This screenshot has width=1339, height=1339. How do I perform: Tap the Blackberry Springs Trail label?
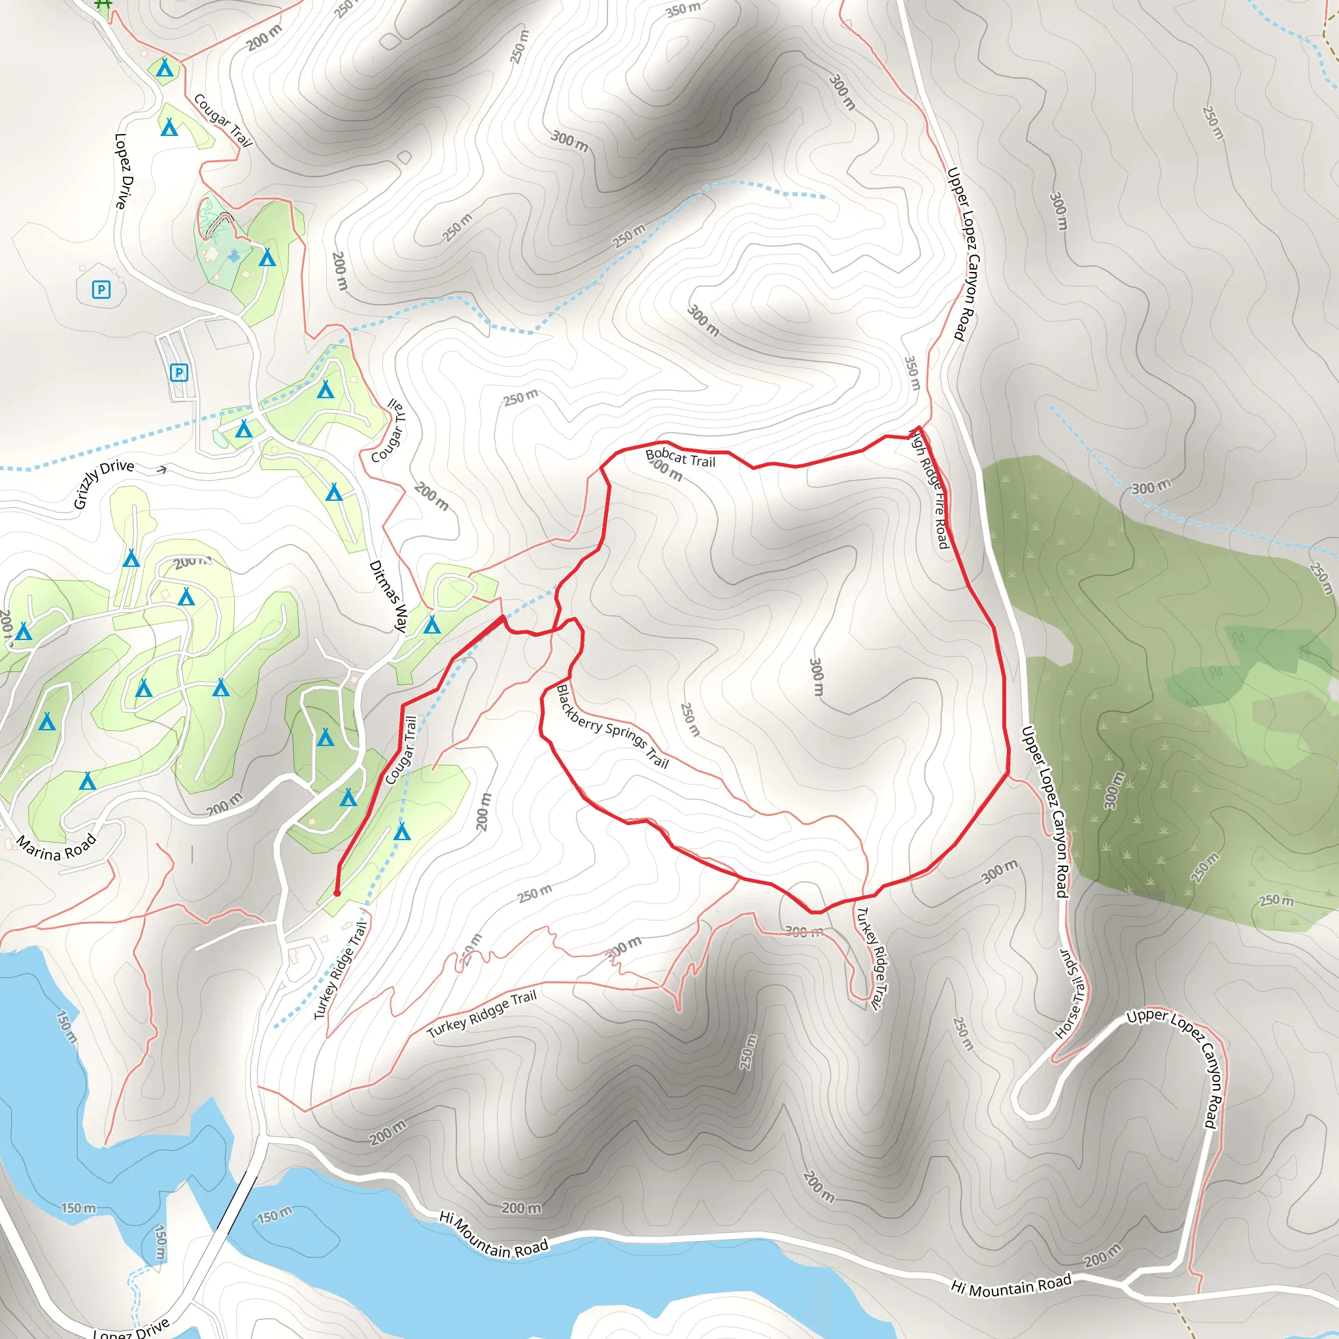pyautogui.click(x=613, y=727)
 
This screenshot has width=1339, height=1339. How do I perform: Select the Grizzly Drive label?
pyautogui.click(x=104, y=483)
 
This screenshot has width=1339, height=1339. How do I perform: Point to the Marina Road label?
pyautogui.click(x=56, y=847)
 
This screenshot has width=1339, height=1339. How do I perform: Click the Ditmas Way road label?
pyautogui.click(x=388, y=596)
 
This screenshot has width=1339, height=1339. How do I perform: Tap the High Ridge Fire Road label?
pyautogui.click(x=930, y=489)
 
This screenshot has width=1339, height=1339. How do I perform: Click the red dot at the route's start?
pyautogui.click(x=337, y=893)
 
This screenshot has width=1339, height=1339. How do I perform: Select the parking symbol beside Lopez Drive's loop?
pyautogui.click(x=101, y=290)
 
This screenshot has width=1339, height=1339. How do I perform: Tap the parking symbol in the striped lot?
pyautogui.click(x=178, y=373)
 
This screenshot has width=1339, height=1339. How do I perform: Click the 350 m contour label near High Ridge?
pyautogui.click(x=912, y=373)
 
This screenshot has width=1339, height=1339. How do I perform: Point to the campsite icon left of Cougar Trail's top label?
pyautogui.click(x=169, y=127)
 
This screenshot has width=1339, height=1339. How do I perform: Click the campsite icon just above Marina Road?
pyautogui.click(x=88, y=781)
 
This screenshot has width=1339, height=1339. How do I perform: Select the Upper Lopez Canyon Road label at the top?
pyautogui.click(x=961, y=254)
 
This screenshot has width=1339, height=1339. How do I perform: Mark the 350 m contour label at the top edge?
pyautogui.click(x=683, y=10)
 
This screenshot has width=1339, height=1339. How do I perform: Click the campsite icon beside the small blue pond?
pyautogui.click(x=267, y=258)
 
